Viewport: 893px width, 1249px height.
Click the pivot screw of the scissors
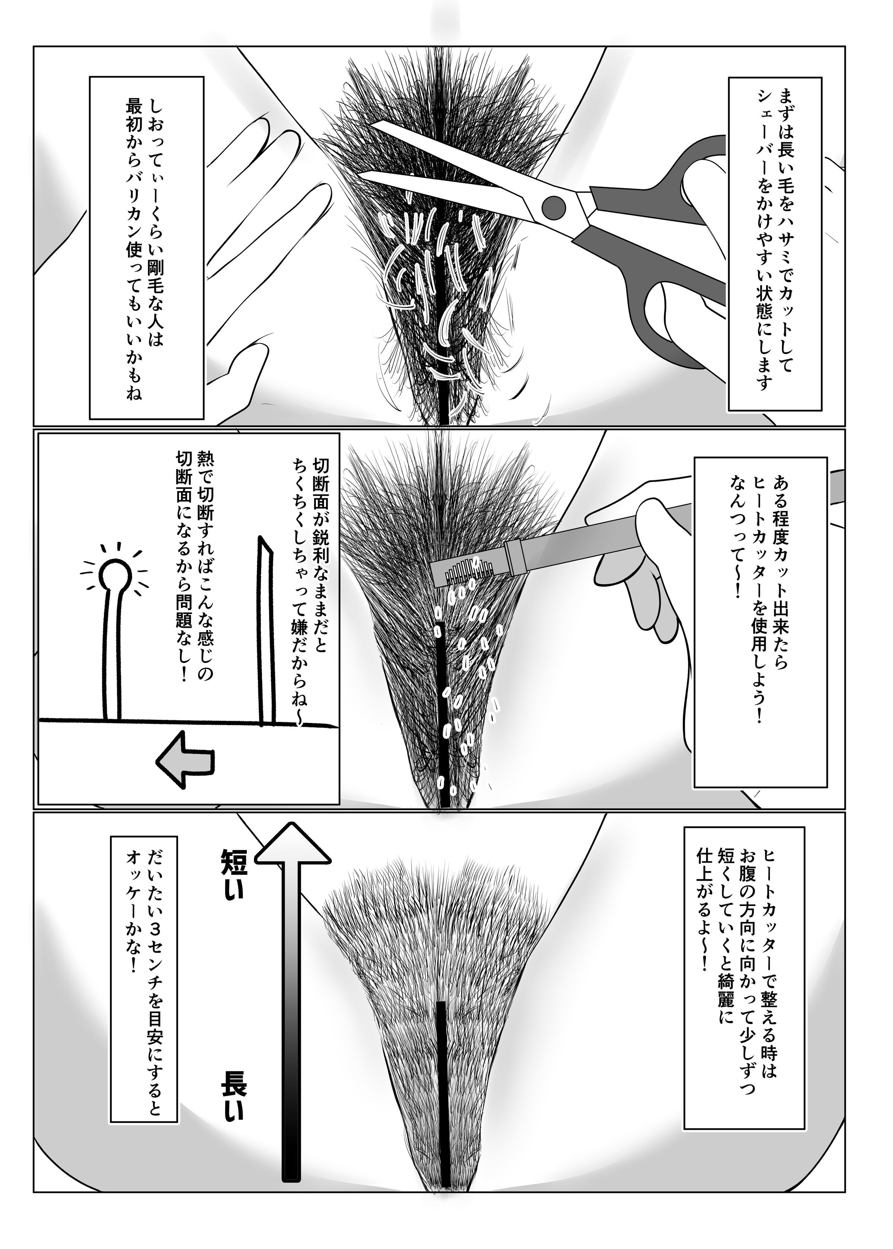click(553, 207)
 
